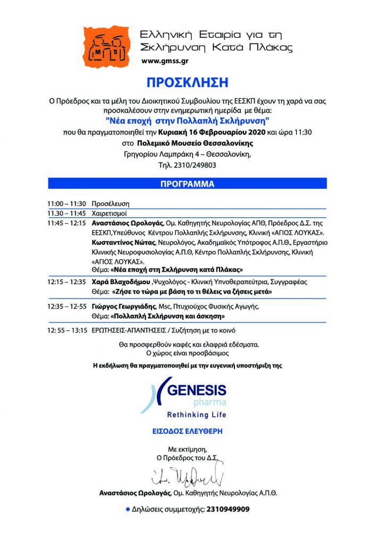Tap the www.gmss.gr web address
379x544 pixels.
[x=165, y=62]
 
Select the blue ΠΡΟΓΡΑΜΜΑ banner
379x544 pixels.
[x=188, y=184]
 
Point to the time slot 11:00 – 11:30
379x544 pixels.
[x=66, y=204]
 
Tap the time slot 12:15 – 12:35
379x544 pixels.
[x=66, y=282]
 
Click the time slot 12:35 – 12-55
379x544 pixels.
[x=66, y=307]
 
